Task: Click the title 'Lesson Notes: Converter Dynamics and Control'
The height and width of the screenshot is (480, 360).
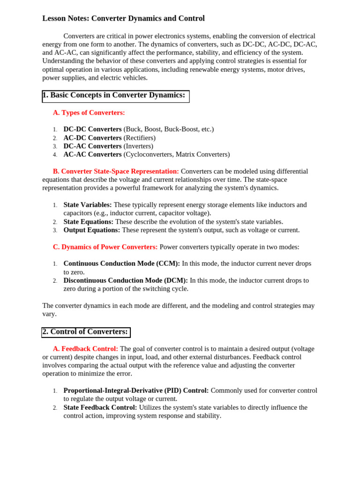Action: point(123,18)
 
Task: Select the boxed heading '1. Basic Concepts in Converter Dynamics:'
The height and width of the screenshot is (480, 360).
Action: point(115,95)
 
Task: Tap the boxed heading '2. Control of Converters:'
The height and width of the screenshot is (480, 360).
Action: point(86,332)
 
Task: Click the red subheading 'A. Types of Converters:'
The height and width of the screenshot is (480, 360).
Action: point(89,112)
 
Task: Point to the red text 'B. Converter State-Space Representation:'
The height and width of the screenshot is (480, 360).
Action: point(116,171)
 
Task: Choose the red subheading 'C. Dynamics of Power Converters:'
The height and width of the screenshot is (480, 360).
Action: point(105,247)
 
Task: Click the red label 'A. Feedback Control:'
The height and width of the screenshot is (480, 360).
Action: point(85,349)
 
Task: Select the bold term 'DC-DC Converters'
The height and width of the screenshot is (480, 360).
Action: point(92,129)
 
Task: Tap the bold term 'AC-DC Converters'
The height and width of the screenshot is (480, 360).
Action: point(92,138)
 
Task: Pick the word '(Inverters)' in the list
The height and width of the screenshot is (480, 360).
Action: point(138,146)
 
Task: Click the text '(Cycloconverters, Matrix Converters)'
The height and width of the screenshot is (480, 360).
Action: point(177,154)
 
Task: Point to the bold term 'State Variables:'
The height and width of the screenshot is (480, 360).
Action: point(88,205)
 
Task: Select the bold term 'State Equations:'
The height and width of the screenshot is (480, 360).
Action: point(88,222)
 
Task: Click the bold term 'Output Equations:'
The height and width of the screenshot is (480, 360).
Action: point(92,230)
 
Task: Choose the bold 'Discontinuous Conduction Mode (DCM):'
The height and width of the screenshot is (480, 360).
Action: point(126,280)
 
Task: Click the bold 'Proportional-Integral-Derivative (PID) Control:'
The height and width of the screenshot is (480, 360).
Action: point(136,390)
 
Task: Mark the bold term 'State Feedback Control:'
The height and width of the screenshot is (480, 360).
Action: point(100,407)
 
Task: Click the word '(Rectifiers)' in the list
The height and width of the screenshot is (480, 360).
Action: point(140,138)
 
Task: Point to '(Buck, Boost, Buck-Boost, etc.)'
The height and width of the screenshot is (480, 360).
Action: point(169,129)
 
